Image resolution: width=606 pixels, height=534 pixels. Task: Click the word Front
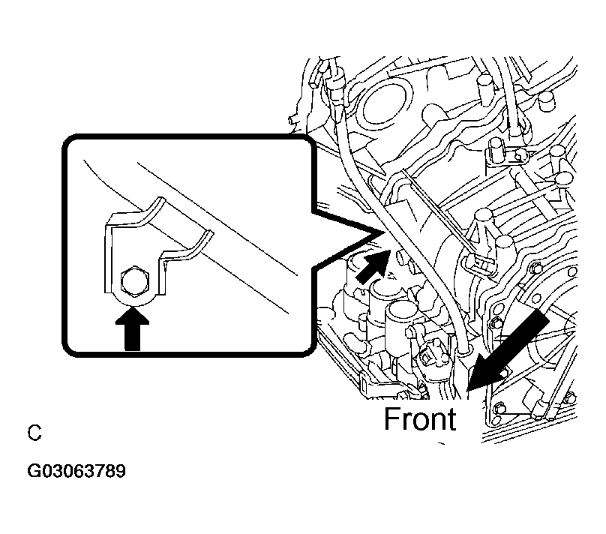click(420, 418)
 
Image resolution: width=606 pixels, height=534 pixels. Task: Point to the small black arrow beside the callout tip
click(372, 266)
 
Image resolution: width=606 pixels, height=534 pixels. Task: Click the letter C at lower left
click(34, 433)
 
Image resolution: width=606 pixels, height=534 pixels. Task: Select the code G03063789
click(76, 471)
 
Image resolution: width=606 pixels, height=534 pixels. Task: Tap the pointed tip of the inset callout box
click(384, 232)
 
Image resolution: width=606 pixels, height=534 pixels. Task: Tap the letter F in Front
click(392, 418)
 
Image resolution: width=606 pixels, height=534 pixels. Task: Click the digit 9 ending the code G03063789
click(121, 471)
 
